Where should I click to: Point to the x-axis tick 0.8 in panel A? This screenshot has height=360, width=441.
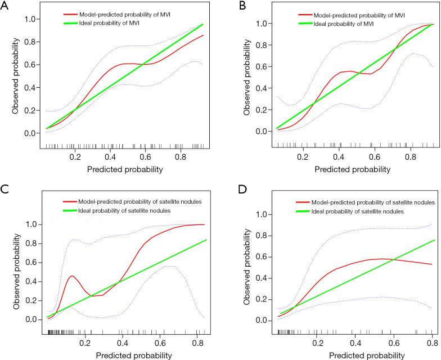181,158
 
